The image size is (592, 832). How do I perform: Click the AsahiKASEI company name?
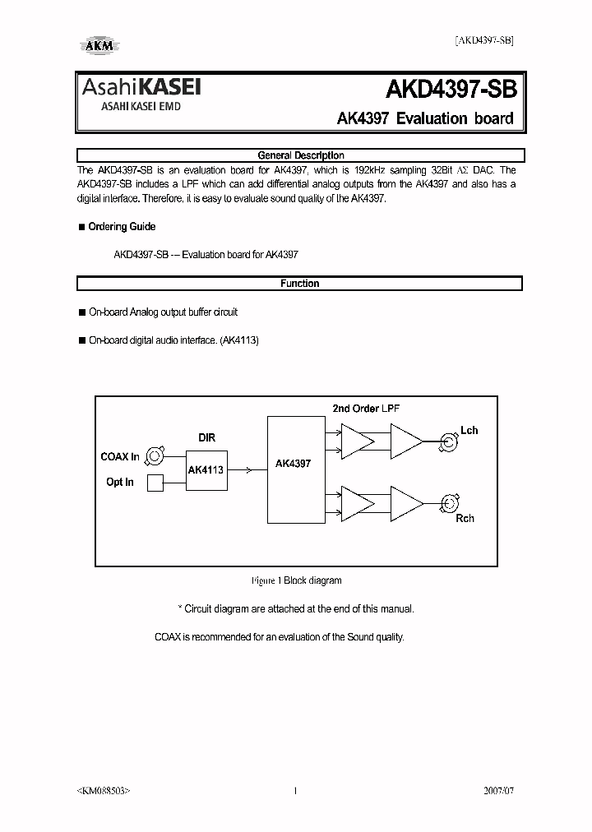pyautogui.click(x=140, y=88)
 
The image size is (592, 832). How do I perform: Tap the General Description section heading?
pyautogui.click(x=300, y=155)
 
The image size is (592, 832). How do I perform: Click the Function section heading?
pyautogui.click(x=300, y=284)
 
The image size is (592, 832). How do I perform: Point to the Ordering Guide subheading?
pyautogui.click(x=122, y=227)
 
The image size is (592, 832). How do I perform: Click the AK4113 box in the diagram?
pyautogui.click(x=205, y=469)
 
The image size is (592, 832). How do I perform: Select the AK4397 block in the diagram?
pyautogui.click(x=293, y=464)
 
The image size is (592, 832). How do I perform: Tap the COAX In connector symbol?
pyautogui.click(x=156, y=456)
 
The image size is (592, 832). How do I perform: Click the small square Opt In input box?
pyautogui.click(x=155, y=483)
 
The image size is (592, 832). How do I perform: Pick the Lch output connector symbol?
pyautogui.click(x=449, y=443)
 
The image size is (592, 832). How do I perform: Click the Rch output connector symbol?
pyautogui.click(x=449, y=503)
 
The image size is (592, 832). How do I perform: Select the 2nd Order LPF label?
pyautogui.click(x=366, y=409)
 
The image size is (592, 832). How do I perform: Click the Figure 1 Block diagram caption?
pyautogui.click(x=296, y=580)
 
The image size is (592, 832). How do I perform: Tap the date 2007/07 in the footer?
pyautogui.click(x=496, y=791)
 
